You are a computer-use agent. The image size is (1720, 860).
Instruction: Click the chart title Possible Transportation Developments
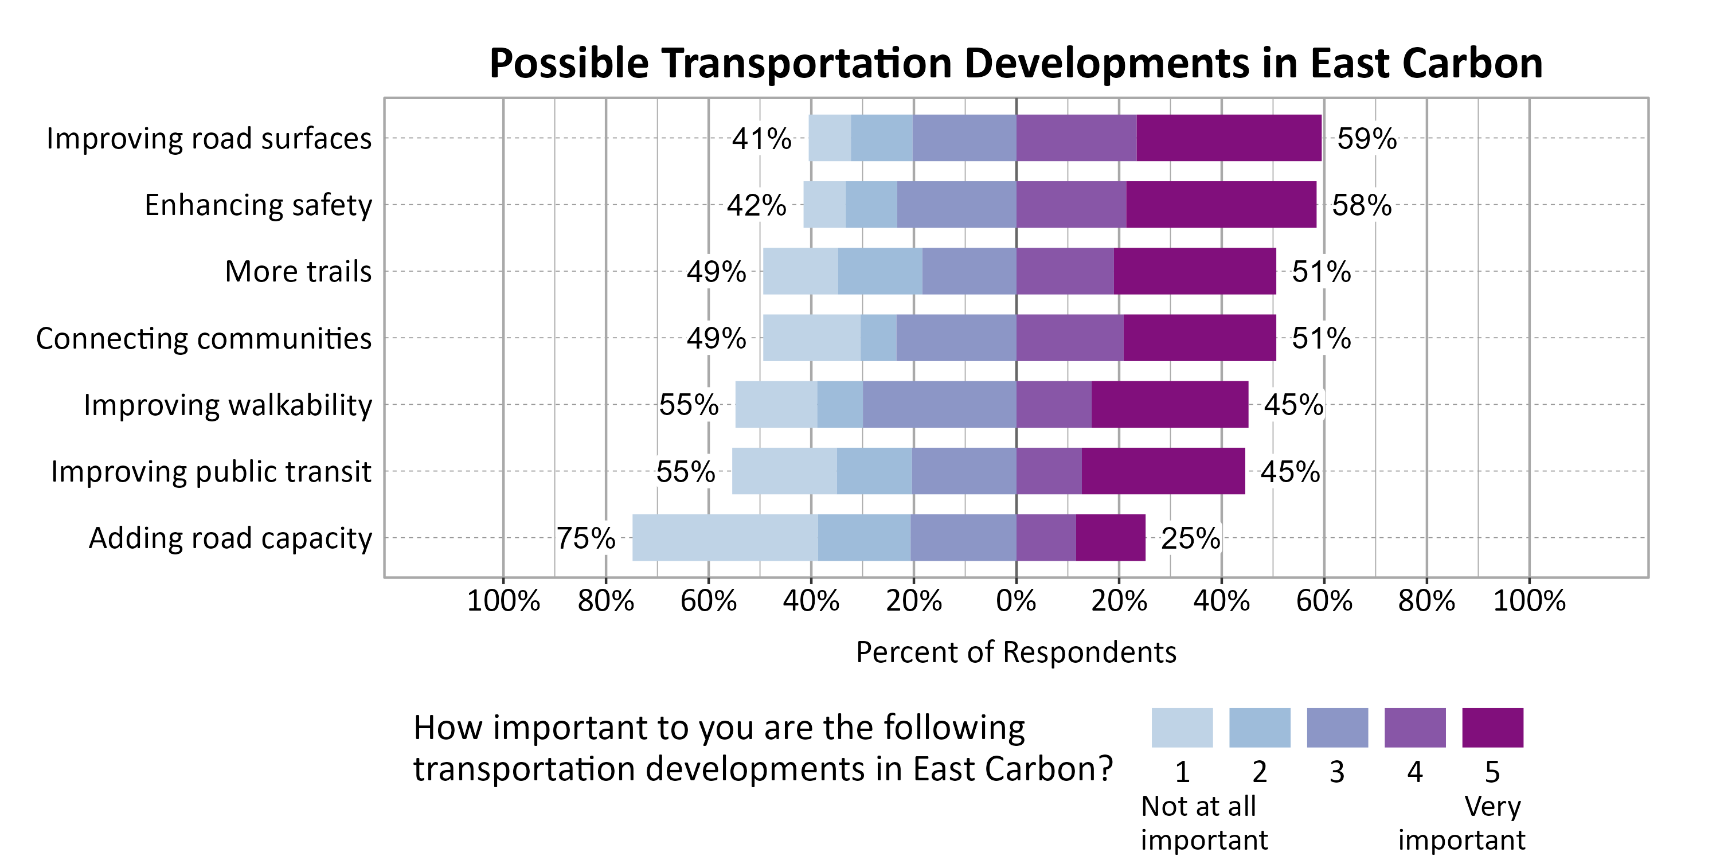point(1015,64)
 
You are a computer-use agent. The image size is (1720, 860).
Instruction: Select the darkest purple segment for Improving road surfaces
point(1229,138)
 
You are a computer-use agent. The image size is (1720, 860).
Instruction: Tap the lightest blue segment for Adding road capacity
point(725,538)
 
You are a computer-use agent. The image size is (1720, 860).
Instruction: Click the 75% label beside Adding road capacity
point(585,538)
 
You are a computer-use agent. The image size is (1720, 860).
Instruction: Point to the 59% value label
point(1366,139)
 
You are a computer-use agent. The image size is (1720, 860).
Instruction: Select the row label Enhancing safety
point(258,205)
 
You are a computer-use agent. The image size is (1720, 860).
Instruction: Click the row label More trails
point(298,272)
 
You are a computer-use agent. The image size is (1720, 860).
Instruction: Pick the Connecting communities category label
point(204,338)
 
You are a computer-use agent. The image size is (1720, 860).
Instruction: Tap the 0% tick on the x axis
point(1015,601)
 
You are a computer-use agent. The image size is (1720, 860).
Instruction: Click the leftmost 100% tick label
point(503,601)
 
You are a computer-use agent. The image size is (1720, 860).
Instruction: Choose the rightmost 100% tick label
point(1529,601)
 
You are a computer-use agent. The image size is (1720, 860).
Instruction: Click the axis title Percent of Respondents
point(1015,652)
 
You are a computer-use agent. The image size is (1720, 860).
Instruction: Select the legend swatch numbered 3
point(1337,727)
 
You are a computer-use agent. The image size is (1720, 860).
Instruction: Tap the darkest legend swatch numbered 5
point(1492,727)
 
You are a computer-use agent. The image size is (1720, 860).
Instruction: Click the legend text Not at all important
point(1203,823)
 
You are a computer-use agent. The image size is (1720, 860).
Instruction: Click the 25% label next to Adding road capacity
point(1190,538)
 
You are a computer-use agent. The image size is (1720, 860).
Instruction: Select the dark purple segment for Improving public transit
point(1163,471)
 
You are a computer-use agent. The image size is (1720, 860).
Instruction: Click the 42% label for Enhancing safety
point(756,206)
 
